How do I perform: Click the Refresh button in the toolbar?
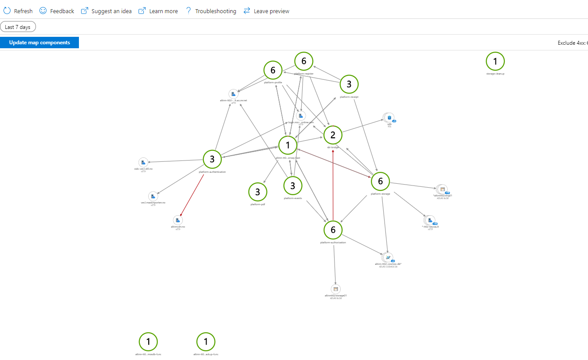(18, 11)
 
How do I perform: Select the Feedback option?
(57, 11)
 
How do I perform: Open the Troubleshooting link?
(211, 11)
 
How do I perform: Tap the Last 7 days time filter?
(18, 27)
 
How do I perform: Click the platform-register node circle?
(304, 61)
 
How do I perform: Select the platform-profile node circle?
(273, 70)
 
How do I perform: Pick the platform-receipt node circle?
(349, 84)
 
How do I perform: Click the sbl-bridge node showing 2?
(333, 135)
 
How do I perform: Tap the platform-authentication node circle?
(212, 159)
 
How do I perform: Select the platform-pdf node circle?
(258, 192)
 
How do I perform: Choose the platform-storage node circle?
(380, 181)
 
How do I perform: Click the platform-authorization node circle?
(333, 230)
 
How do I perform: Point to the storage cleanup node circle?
(495, 61)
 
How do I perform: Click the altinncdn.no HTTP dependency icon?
(178, 220)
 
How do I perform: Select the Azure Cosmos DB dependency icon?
(388, 257)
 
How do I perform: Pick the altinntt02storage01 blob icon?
(336, 289)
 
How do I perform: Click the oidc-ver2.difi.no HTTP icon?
(143, 163)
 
